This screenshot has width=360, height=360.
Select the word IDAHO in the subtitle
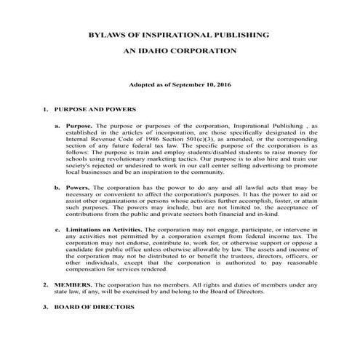coord(171,52)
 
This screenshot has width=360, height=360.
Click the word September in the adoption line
coord(190,86)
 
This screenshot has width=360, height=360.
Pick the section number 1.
coord(46,110)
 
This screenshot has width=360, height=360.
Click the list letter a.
coord(57,125)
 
